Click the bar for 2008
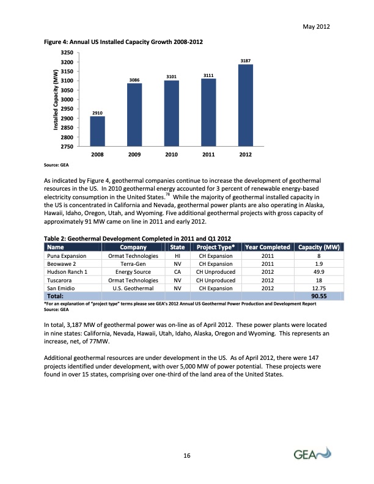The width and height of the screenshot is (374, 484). pyautogui.click(x=98, y=131)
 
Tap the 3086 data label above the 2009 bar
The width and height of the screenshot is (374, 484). pyautogui.click(x=134, y=80)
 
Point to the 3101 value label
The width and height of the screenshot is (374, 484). pyautogui.click(x=172, y=77)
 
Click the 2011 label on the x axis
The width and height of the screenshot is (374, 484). pyautogui.click(x=209, y=155)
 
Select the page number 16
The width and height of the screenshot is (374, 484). pyautogui.click(x=187, y=455)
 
